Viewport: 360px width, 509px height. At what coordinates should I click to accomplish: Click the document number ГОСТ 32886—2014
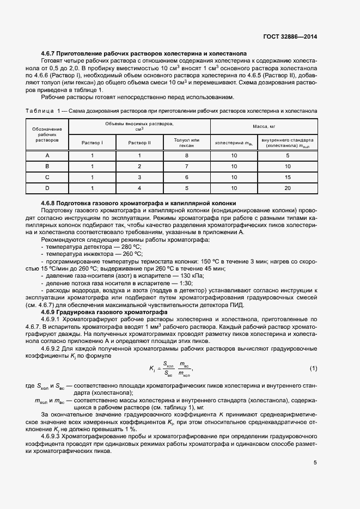click(x=290, y=36)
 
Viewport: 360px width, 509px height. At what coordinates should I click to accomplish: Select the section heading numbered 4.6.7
click(x=144, y=53)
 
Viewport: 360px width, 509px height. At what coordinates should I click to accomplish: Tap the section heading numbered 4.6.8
click(x=138, y=203)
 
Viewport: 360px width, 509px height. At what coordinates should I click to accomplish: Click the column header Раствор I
click(x=93, y=143)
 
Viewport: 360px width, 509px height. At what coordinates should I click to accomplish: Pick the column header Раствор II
click(x=139, y=143)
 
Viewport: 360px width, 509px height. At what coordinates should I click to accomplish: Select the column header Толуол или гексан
click(x=187, y=143)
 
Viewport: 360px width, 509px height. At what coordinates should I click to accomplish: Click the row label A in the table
click(x=47, y=156)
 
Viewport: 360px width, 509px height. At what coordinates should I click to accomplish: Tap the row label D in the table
click(x=47, y=188)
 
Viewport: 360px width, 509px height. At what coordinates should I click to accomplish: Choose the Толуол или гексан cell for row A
click(x=187, y=156)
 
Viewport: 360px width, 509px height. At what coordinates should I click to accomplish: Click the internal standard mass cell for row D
click(x=288, y=188)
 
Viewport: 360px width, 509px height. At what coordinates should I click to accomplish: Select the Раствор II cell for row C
click(x=139, y=177)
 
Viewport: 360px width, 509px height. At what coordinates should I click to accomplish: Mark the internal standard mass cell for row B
click(x=288, y=167)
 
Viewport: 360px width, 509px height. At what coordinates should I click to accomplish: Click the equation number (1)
click(x=313, y=369)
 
